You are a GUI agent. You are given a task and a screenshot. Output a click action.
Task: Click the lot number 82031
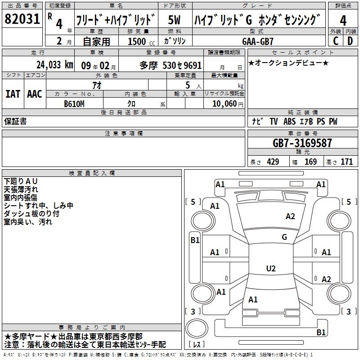pyautogui.click(x=22, y=19)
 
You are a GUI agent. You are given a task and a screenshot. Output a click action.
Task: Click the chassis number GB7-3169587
pyautogui.click(x=302, y=144)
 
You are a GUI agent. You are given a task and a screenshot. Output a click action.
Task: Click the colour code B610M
pyautogui.click(x=75, y=103)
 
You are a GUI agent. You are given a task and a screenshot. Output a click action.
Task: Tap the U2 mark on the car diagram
pyautogui.click(x=270, y=269)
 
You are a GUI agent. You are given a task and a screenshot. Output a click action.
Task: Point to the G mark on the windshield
pyautogui.click(x=284, y=237)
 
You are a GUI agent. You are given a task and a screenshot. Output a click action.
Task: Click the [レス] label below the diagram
pyautogui.click(x=197, y=345)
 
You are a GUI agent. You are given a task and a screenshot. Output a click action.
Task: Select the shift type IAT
pyautogui.click(x=13, y=94)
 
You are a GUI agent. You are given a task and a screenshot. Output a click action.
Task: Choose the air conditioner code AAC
pyautogui.click(x=35, y=94)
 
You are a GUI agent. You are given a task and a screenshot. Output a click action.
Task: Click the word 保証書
pyautogui.click(x=15, y=121)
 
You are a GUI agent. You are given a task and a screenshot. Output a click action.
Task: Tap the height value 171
pyautogui.click(x=346, y=162)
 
